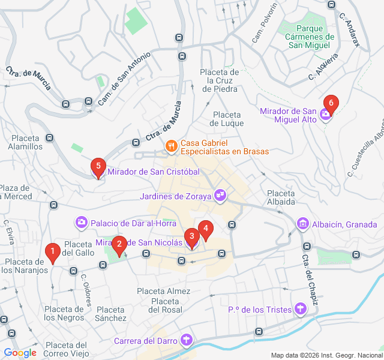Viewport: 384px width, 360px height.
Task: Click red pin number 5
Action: (x=98, y=167)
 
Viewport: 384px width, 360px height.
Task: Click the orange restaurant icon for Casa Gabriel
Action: (x=171, y=146)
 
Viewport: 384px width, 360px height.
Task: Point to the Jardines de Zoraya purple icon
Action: (x=221, y=195)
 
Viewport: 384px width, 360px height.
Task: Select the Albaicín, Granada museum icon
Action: (x=303, y=224)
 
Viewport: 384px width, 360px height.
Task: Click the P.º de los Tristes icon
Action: (x=301, y=310)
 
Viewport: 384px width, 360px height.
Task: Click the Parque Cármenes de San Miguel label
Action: (x=310, y=37)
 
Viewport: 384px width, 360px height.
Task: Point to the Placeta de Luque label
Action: (x=227, y=119)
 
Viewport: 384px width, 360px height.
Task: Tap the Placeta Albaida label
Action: (x=281, y=197)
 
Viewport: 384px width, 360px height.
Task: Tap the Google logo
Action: (x=20, y=353)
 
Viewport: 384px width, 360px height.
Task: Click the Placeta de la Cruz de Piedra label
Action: (x=220, y=80)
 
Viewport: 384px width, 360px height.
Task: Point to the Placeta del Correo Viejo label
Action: (x=66, y=349)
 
